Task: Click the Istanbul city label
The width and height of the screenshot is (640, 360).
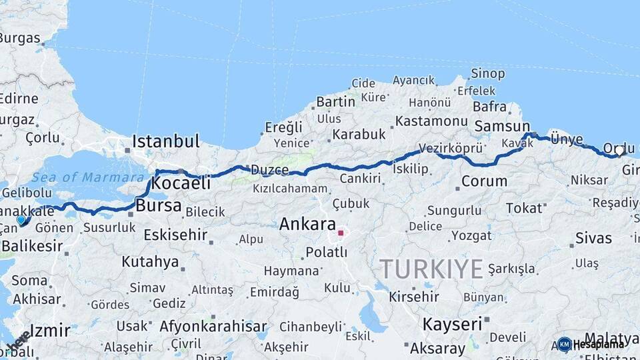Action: coord(166,141)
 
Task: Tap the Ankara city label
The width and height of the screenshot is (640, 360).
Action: coord(307,224)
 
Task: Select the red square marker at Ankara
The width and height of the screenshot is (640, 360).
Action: coord(341,233)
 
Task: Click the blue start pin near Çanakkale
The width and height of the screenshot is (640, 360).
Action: coord(21,219)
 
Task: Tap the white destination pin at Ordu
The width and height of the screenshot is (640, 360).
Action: coord(619,151)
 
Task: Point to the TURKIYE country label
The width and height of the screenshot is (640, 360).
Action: coord(431,269)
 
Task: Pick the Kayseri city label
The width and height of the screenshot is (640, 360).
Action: coord(452,325)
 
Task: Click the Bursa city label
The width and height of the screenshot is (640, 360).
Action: coord(158,205)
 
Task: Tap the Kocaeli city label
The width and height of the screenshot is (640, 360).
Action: coord(181,183)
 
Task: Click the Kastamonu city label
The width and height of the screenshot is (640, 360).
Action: coord(431,121)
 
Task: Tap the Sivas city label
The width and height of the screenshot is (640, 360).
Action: coord(593,238)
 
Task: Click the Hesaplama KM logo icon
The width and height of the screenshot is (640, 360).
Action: coord(565,344)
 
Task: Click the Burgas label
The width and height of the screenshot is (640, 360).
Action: coord(20,38)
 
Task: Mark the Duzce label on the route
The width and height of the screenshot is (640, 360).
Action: coord(269,170)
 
